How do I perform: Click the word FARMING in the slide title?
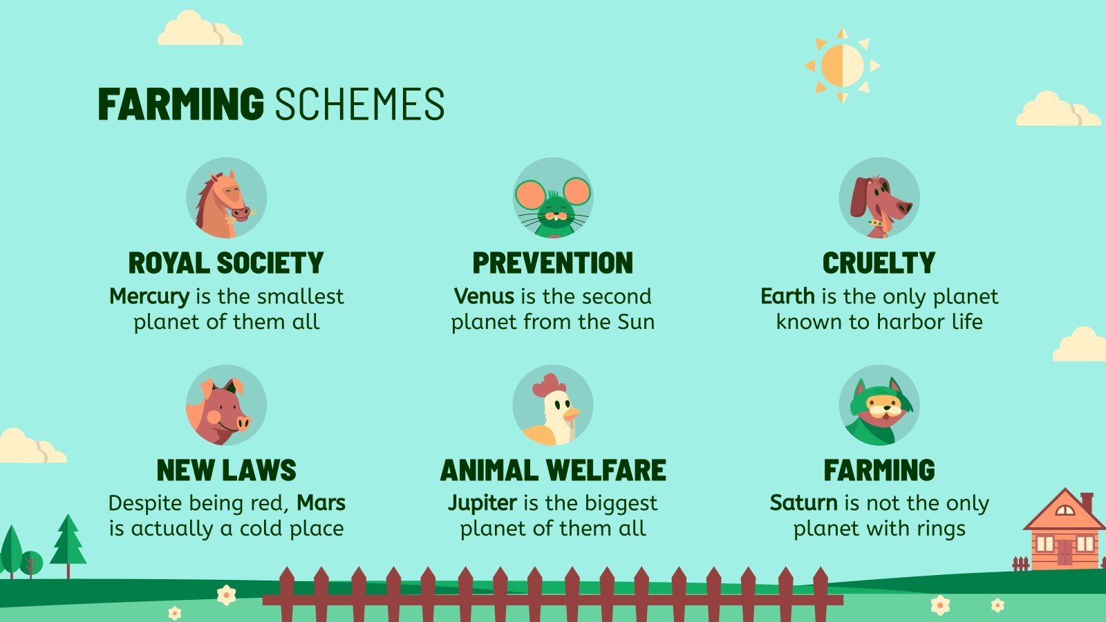point(180,105)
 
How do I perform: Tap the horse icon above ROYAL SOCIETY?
point(226,198)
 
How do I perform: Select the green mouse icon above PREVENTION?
point(552,198)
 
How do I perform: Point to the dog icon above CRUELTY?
point(879,198)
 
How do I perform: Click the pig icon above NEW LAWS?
point(226,406)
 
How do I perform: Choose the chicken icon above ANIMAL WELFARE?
point(552,406)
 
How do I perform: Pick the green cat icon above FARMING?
point(879,406)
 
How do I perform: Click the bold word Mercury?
point(149,296)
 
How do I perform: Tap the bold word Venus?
point(484,296)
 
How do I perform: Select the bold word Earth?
point(787,296)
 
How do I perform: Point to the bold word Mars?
point(321,502)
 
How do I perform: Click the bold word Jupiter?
point(482,502)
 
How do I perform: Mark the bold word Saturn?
point(803,502)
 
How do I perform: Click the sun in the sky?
point(842,66)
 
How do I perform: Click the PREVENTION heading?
point(552,263)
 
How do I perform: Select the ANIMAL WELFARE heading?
point(552,471)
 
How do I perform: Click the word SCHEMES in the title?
point(359,105)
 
